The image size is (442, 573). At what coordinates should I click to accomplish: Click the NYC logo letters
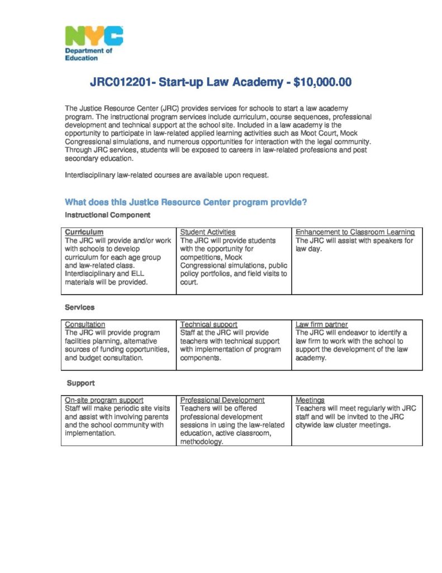(94, 36)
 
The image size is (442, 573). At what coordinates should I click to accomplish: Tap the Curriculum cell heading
(84, 232)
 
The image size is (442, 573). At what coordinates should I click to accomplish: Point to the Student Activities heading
(208, 232)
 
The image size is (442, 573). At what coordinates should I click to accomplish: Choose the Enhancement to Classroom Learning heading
(355, 232)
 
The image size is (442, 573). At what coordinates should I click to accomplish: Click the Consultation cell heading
(85, 324)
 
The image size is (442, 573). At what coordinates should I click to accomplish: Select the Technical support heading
(208, 324)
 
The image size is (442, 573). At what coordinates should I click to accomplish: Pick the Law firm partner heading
(321, 324)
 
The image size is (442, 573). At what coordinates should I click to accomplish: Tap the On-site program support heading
(104, 400)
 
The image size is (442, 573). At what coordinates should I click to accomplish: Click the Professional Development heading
(222, 400)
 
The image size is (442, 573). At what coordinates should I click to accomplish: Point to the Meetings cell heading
(310, 400)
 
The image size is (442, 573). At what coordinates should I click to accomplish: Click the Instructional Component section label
(107, 215)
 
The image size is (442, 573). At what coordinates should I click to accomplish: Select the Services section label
(80, 307)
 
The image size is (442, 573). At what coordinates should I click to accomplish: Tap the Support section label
(81, 383)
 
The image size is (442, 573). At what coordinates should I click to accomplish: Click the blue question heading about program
(186, 202)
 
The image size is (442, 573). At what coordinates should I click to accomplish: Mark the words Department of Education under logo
(88, 54)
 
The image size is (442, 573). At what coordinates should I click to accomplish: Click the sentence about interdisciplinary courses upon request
(167, 175)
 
